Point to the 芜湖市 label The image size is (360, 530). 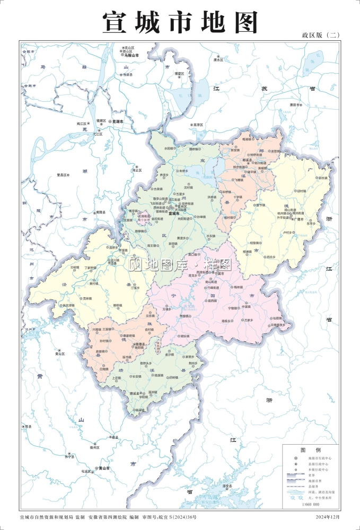point(118,121)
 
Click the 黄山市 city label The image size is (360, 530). point(102,469)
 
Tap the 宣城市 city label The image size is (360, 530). point(173,214)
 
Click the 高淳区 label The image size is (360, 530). point(199,125)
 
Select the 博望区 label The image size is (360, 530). point(179,74)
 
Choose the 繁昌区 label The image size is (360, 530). point(62,174)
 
